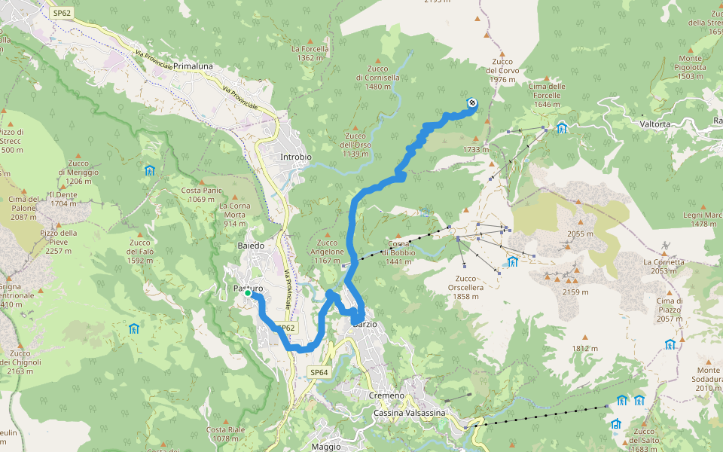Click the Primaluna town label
pyautogui.click(x=192, y=66)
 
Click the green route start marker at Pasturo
pyautogui.click(x=247, y=292)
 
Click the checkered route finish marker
pyautogui.click(x=472, y=103)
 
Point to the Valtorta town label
pyautogui.click(x=654, y=124)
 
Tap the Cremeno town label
pyautogui.click(x=387, y=395)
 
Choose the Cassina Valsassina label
pyautogui.click(x=409, y=413)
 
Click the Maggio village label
pyautogui.click(x=325, y=447)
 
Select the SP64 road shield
pyautogui.click(x=319, y=372)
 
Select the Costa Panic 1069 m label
pyautogui.click(x=202, y=194)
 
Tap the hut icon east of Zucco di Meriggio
pyautogui.click(x=150, y=170)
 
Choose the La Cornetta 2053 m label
pyautogui.click(x=664, y=267)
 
